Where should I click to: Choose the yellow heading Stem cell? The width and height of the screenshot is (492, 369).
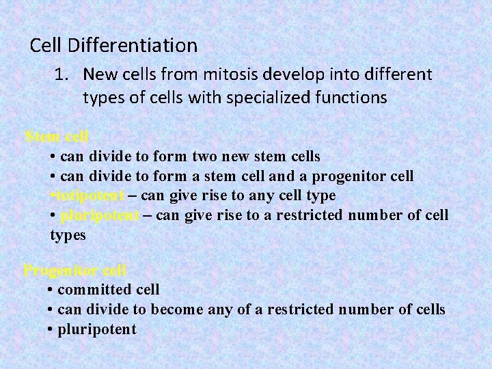coord(57,136)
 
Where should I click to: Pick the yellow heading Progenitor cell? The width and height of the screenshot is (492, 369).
coord(75,270)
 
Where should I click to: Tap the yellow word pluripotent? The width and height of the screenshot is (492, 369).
coord(99,216)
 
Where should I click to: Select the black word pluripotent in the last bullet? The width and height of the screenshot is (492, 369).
coord(97,329)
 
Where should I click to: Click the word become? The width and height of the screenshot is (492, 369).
coord(177,310)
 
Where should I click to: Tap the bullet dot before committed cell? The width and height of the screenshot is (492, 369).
coord(51,290)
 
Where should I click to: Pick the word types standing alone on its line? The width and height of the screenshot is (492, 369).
coord(68,236)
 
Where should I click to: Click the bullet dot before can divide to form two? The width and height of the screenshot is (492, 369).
coord(53,157)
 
